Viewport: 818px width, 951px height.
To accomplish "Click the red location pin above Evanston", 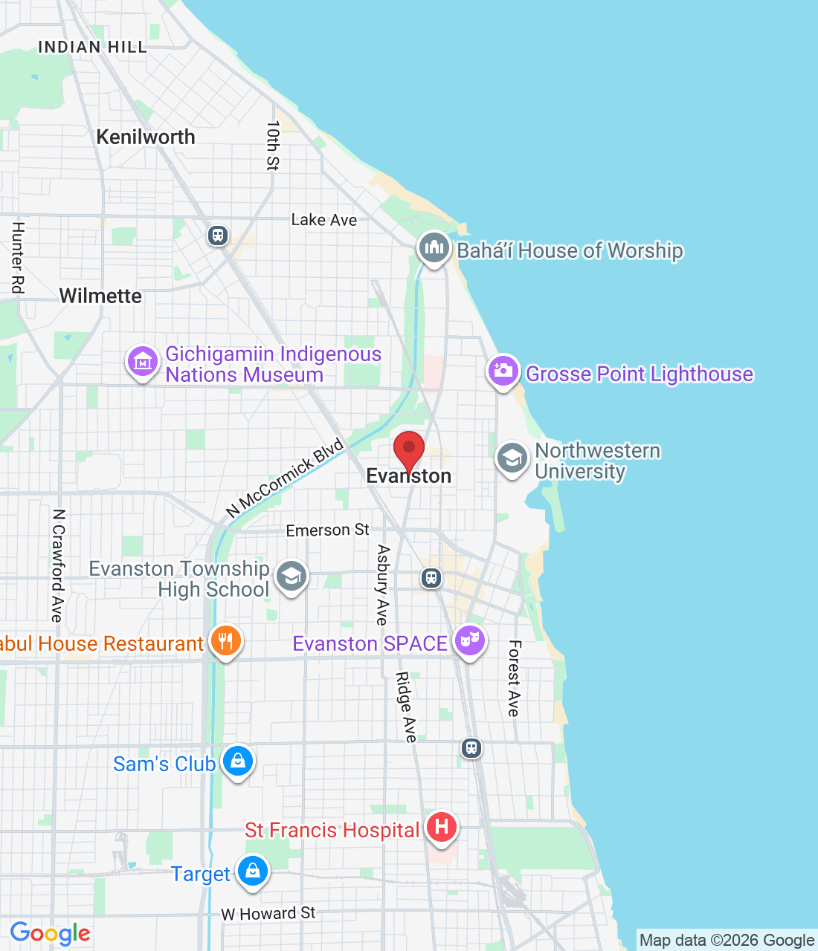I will pos(408,449).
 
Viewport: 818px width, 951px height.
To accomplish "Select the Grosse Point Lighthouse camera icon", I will pos(503,371).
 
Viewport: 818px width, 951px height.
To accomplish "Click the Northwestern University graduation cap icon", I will pos(512,458).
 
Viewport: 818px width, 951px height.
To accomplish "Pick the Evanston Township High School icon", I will pos(291,577).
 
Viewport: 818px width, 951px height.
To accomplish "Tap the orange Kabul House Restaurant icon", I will pos(225,640).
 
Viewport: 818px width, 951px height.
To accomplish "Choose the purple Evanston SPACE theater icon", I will pos(470,640).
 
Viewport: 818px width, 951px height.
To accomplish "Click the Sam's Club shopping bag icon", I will pos(238,762).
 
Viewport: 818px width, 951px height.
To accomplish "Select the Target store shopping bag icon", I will pos(252,871).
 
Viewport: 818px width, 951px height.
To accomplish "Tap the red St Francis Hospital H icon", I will pos(442,827).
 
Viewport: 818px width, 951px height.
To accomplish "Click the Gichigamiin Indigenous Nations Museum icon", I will pos(142,362).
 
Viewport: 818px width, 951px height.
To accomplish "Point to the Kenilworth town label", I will pos(146,137).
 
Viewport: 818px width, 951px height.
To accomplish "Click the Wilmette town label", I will pos(100,296).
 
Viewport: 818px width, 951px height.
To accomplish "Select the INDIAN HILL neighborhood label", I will pos(93,47).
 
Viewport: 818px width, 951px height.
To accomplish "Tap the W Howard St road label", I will pos(268,913).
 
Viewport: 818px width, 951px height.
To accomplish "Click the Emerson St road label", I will pos(327,530).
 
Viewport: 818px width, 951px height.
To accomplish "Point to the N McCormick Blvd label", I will pos(285,478).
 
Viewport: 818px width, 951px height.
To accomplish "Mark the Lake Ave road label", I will pos(323,220).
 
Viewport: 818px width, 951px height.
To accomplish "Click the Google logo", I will pos(51,933).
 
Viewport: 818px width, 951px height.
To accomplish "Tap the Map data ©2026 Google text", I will pos(727,941).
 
